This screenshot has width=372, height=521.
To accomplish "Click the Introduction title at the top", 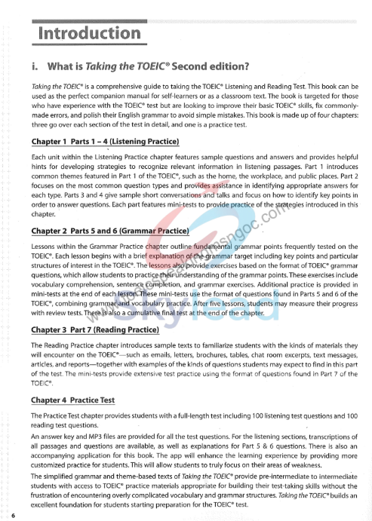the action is point(89,34).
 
